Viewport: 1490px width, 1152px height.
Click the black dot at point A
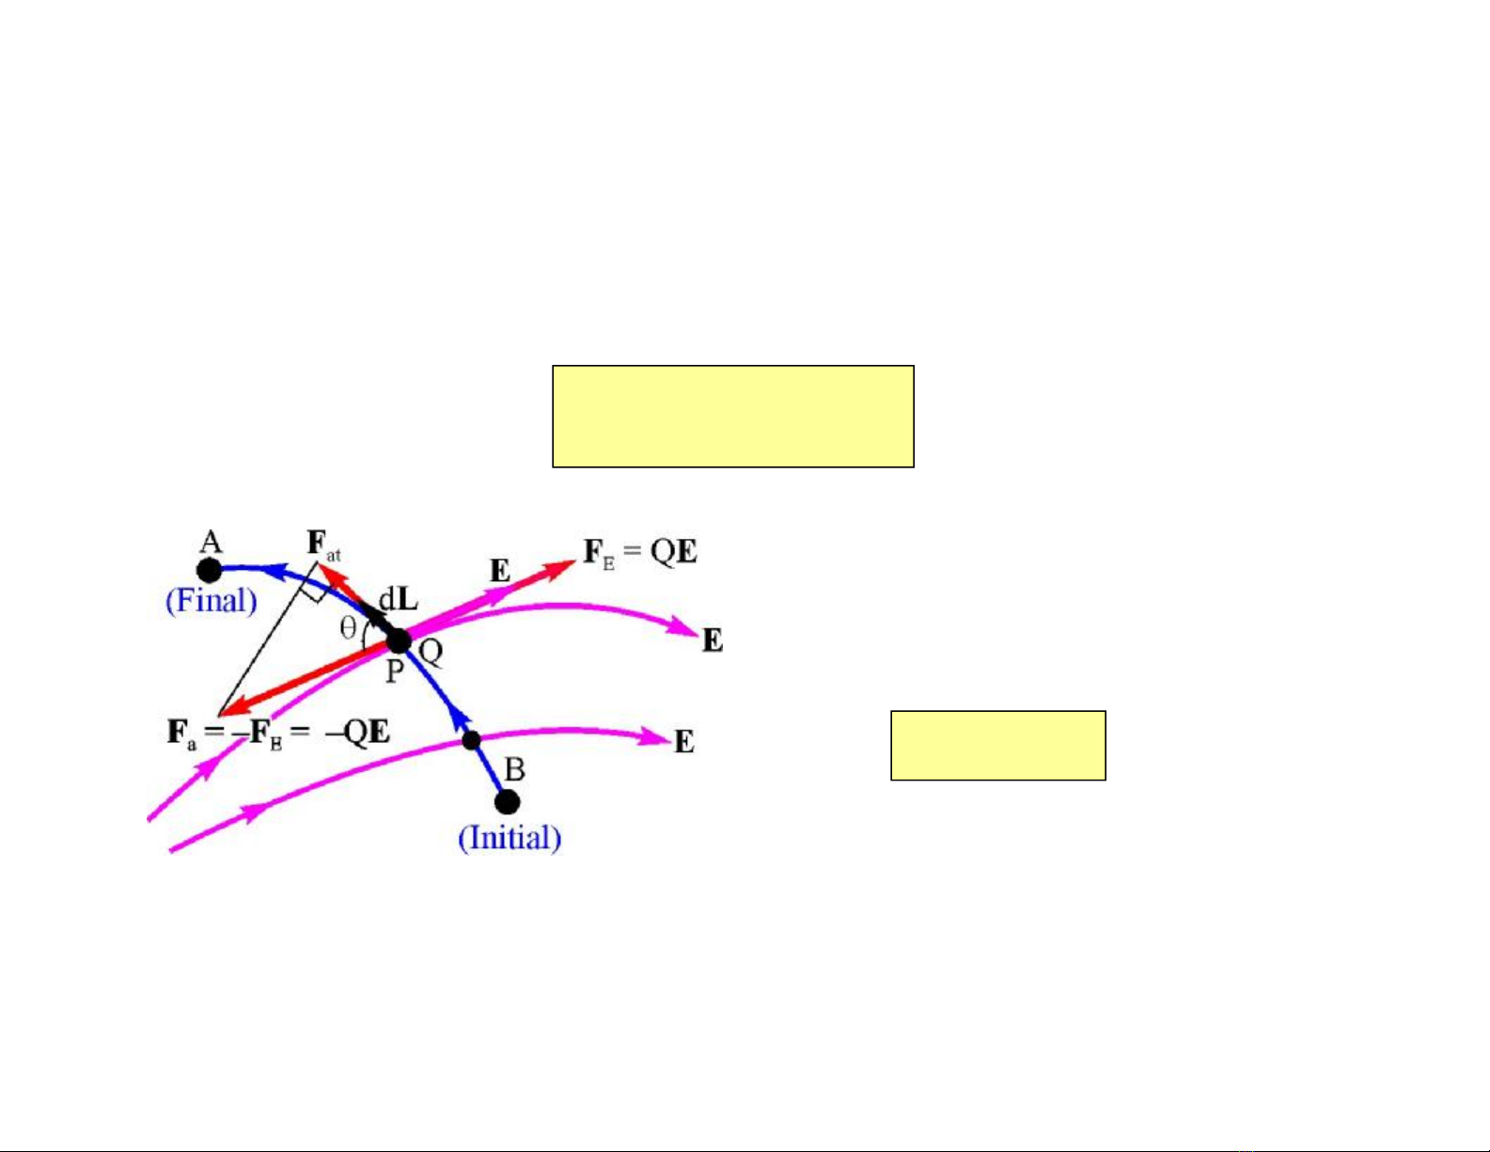[x=209, y=570]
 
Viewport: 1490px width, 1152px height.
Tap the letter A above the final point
[x=212, y=543]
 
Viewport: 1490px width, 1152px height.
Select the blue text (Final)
[x=212, y=601]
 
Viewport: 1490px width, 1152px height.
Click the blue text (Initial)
[x=510, y=838]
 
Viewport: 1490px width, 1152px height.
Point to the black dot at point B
[x=508, y=801]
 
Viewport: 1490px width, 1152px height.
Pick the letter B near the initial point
[x=515, y=770]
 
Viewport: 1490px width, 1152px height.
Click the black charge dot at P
[x=399, y=642]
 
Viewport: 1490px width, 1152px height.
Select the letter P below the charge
[x=394, y=671]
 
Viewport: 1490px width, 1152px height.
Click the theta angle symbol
[x=348, y=627]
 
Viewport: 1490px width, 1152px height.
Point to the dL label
[x=399, y=601]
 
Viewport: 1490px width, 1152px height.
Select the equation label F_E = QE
[x=640, y=552]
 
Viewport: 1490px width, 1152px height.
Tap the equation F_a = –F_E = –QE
[x=279, y=733]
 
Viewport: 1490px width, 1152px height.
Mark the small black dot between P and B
[x=471, y=741]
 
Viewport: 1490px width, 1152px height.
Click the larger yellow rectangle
[x=733, y=417]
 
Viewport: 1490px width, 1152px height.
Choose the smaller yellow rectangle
[x=998, y=746]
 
